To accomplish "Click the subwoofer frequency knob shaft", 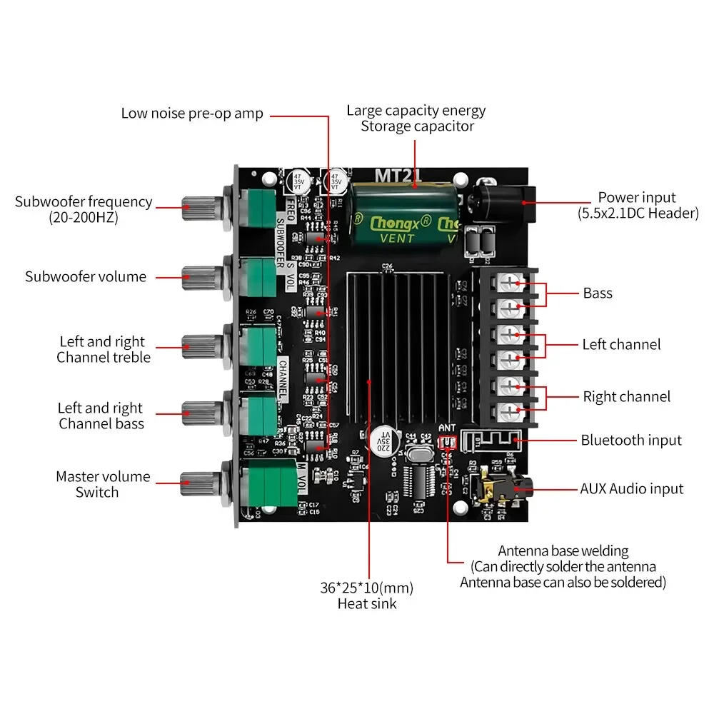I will (x=203, y=208).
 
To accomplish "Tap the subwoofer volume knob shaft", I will (x=203, y=276).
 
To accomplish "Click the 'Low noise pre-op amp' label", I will (x=191, y=114).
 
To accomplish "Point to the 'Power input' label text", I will (x=637, y=198).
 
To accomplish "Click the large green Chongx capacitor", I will (x=403, y=213).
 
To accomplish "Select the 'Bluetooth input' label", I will (x=630, y=441).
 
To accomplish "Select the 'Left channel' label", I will (x=621, y=345).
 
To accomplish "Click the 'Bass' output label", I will (x=598, y=293).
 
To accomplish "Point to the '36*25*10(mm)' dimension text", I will (x=367, y=589).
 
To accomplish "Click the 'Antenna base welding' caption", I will (x=563, y=551).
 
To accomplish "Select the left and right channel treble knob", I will (x=203, y=348).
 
